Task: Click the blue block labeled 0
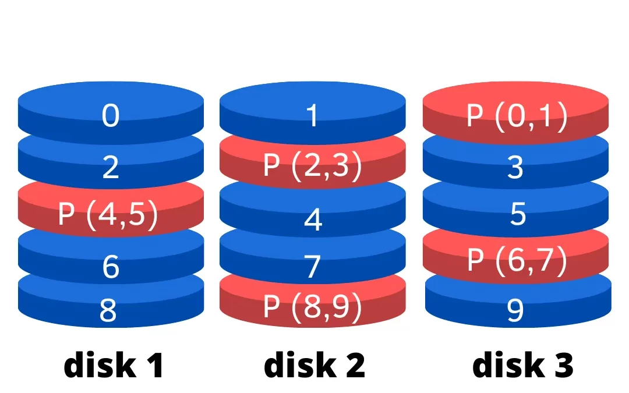[x=111, y=115]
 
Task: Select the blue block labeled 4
[x=313, y=220]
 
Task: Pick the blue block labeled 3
[x=515, y=168]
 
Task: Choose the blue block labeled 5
[x=515, y=215]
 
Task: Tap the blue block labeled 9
[x=515, y=310]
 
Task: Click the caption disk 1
[x=113, y=365]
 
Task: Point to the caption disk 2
[x=314, y=365]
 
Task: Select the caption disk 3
[x=522, y=365]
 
